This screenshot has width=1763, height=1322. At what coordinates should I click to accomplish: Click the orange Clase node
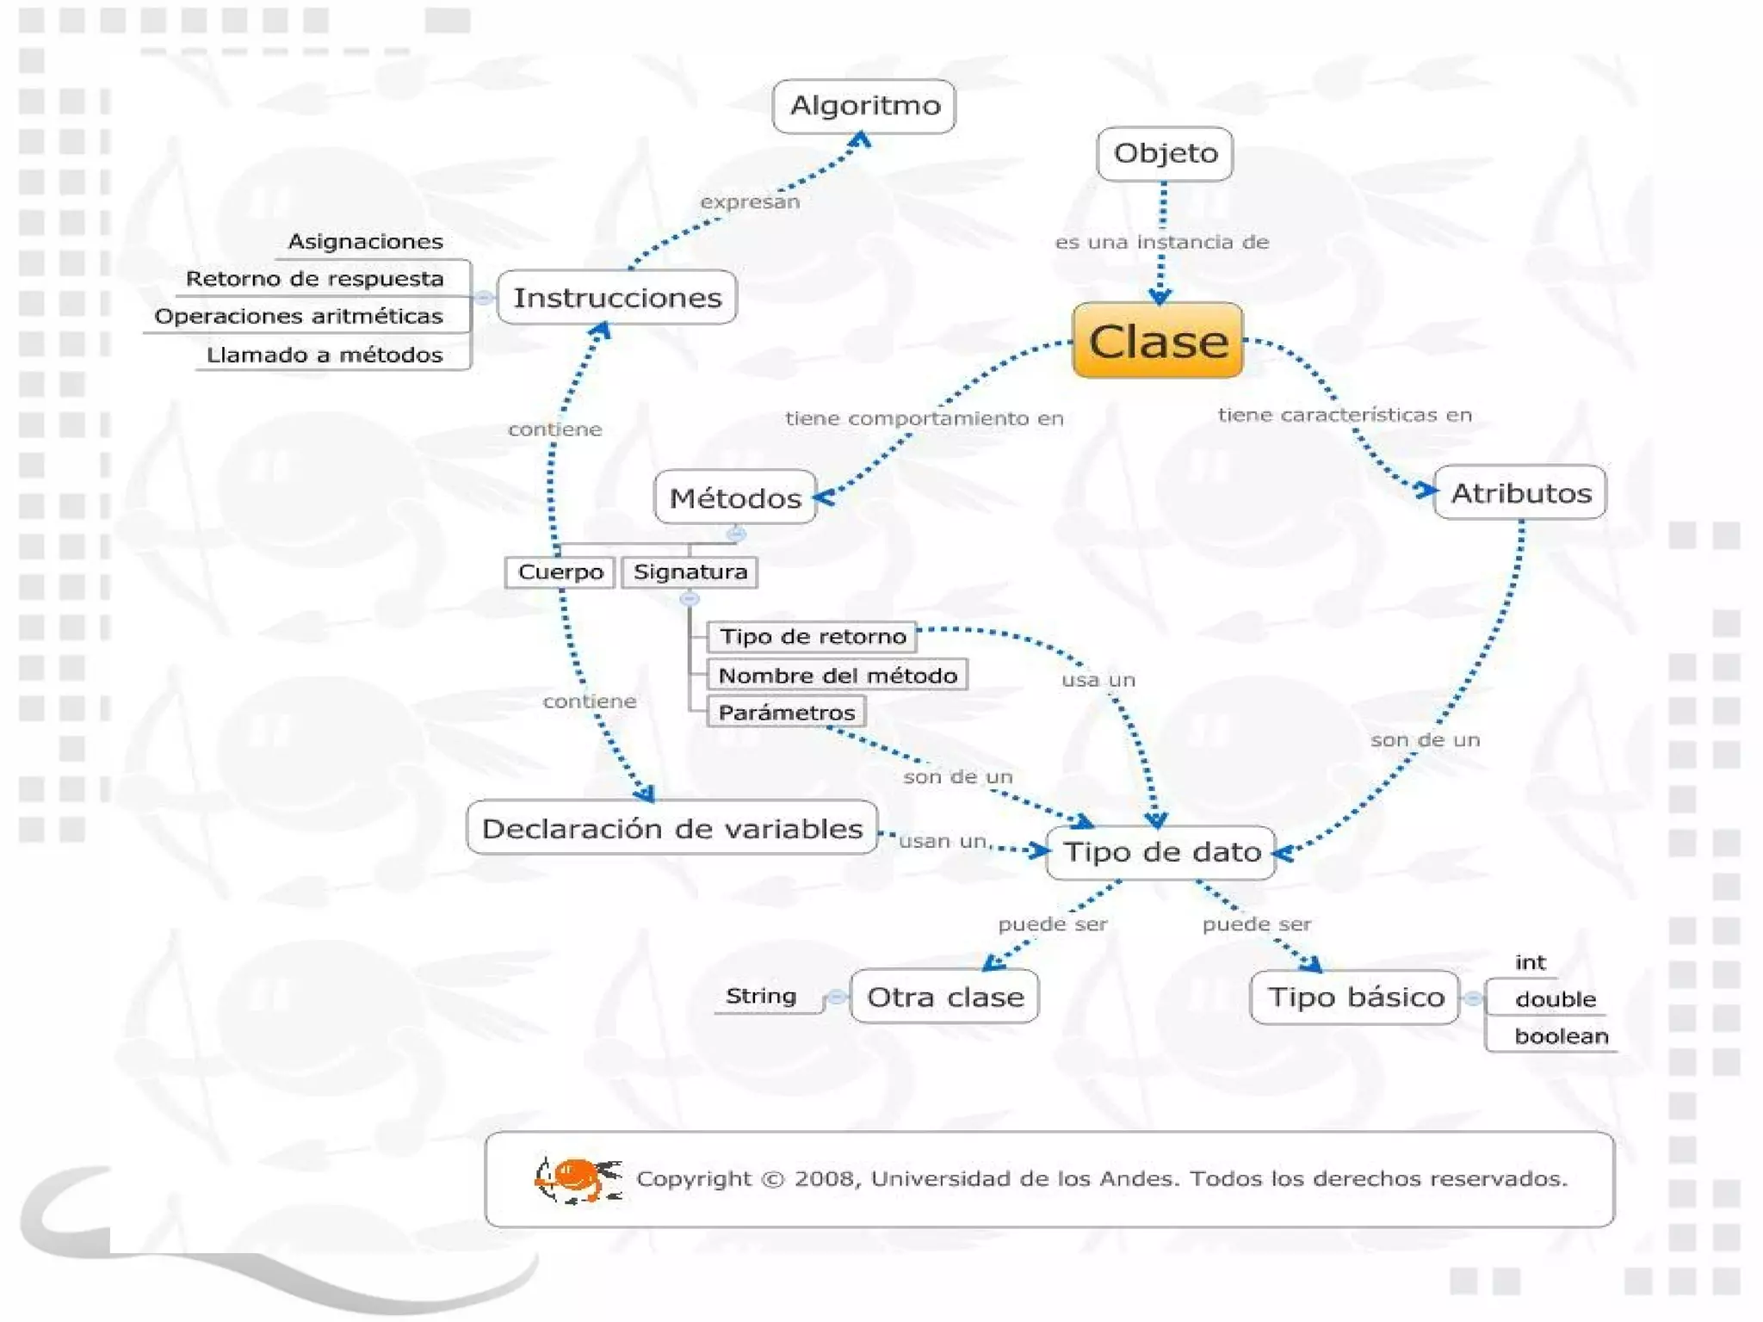1157,341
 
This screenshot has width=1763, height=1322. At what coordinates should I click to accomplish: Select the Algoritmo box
864,106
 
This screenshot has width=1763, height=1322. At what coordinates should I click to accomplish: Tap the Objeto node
1165,154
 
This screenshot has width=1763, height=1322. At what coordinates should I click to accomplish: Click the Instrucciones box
616,298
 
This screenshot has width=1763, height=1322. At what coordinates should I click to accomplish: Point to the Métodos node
734,497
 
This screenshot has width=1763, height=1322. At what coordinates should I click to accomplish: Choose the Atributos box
1520,492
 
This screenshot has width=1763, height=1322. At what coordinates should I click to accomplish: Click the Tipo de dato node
1160,852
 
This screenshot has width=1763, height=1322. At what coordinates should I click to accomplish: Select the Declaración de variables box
671,828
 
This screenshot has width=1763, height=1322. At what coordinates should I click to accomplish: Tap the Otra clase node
944,997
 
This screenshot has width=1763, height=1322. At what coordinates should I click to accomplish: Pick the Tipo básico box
1355,997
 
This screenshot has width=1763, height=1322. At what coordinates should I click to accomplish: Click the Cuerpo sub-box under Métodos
560,572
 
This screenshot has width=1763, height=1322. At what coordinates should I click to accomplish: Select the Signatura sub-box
690,572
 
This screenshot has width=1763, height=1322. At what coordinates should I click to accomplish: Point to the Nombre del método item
837,676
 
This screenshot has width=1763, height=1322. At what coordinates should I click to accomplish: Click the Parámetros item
786,713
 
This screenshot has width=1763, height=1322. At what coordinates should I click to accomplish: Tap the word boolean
1561,1036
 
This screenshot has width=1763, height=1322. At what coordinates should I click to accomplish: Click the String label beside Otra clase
760,996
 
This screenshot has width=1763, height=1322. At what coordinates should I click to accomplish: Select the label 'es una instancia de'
1161,243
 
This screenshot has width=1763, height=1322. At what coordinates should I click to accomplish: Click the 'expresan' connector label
749,202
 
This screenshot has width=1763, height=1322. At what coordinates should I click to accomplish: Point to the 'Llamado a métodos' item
325,355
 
